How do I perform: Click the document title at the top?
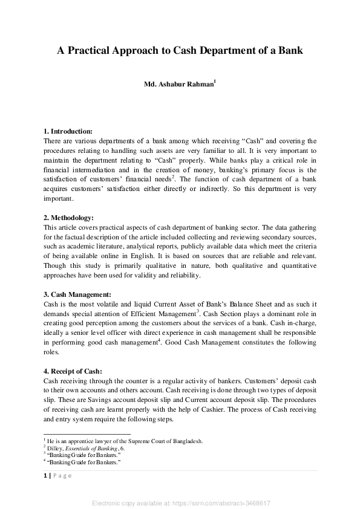coord(180,51)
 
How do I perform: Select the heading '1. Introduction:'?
coord(68,131)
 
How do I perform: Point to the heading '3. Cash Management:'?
coord(77,294)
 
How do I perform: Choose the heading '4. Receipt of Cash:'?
coord(73,371)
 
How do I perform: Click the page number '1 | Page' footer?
coord(57,475)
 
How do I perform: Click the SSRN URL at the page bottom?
coord(180,503)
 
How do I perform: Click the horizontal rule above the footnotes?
coord(87,434)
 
